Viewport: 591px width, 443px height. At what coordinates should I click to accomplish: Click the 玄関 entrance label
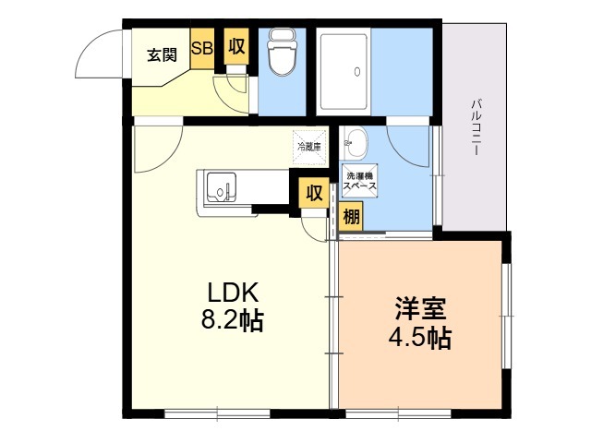(x=162, y=55)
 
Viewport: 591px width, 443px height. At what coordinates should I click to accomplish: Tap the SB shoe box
(x=202, y=49)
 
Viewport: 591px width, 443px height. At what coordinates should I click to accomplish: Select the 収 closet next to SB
(x=236, y=46)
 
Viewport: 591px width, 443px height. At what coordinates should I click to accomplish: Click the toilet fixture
(x=282, y=53)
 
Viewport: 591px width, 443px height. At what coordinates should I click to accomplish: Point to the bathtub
(x=344, y=72)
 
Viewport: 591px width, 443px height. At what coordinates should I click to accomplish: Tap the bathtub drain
(x=357, y=72)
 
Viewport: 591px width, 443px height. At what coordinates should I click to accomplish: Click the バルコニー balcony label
(x=476, y=126)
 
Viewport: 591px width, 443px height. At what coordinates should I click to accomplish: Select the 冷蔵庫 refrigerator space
(x=309, y=148)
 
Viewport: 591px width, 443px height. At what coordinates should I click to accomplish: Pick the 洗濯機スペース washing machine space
(x=359, y=181)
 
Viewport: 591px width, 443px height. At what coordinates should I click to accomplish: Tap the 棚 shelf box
(x=351, y=216)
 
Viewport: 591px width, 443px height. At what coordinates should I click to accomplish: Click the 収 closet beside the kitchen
(x=314, y=193)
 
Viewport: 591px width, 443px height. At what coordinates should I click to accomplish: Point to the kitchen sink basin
(x=222, y=186)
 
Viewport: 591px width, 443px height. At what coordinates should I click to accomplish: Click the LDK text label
(x=234, y=293)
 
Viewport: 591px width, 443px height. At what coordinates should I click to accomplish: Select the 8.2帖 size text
(x=232, y=320)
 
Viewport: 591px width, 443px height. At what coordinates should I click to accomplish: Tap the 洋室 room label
(x=420, y=308)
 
